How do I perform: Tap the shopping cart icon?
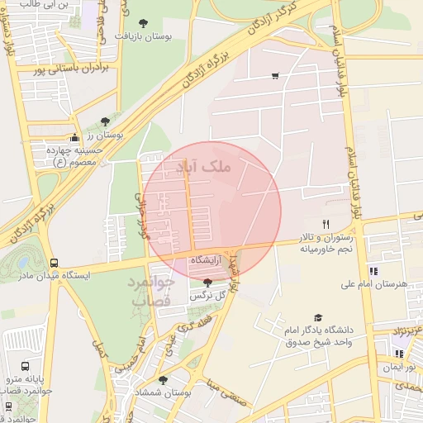coord(274,76)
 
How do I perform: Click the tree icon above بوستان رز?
coord(104,121)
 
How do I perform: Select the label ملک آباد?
coord(211,167)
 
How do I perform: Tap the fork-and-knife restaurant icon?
coord(326,224)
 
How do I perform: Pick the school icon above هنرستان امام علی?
coord(373,270)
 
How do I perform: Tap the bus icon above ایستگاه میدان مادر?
coord(54,263)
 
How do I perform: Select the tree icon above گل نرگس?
coord(207,283)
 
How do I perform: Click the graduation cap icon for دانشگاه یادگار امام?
coord(318,317)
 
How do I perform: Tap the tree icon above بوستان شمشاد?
coord(163,380)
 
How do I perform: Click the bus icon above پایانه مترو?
coord(26,365)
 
